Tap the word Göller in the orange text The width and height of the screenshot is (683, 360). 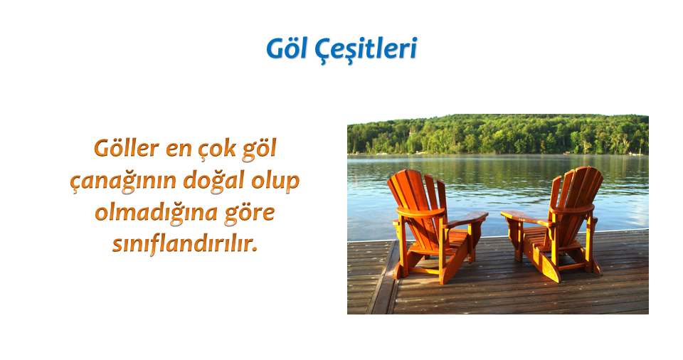coord(127,148)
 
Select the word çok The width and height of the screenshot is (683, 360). coord(218,149)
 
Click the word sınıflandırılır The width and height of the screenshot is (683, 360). coord(185,243)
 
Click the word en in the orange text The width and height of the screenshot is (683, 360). coord(179,150)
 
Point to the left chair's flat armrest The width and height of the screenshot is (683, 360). coord(465,219)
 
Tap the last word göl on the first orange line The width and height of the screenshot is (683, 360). coord(260,149)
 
